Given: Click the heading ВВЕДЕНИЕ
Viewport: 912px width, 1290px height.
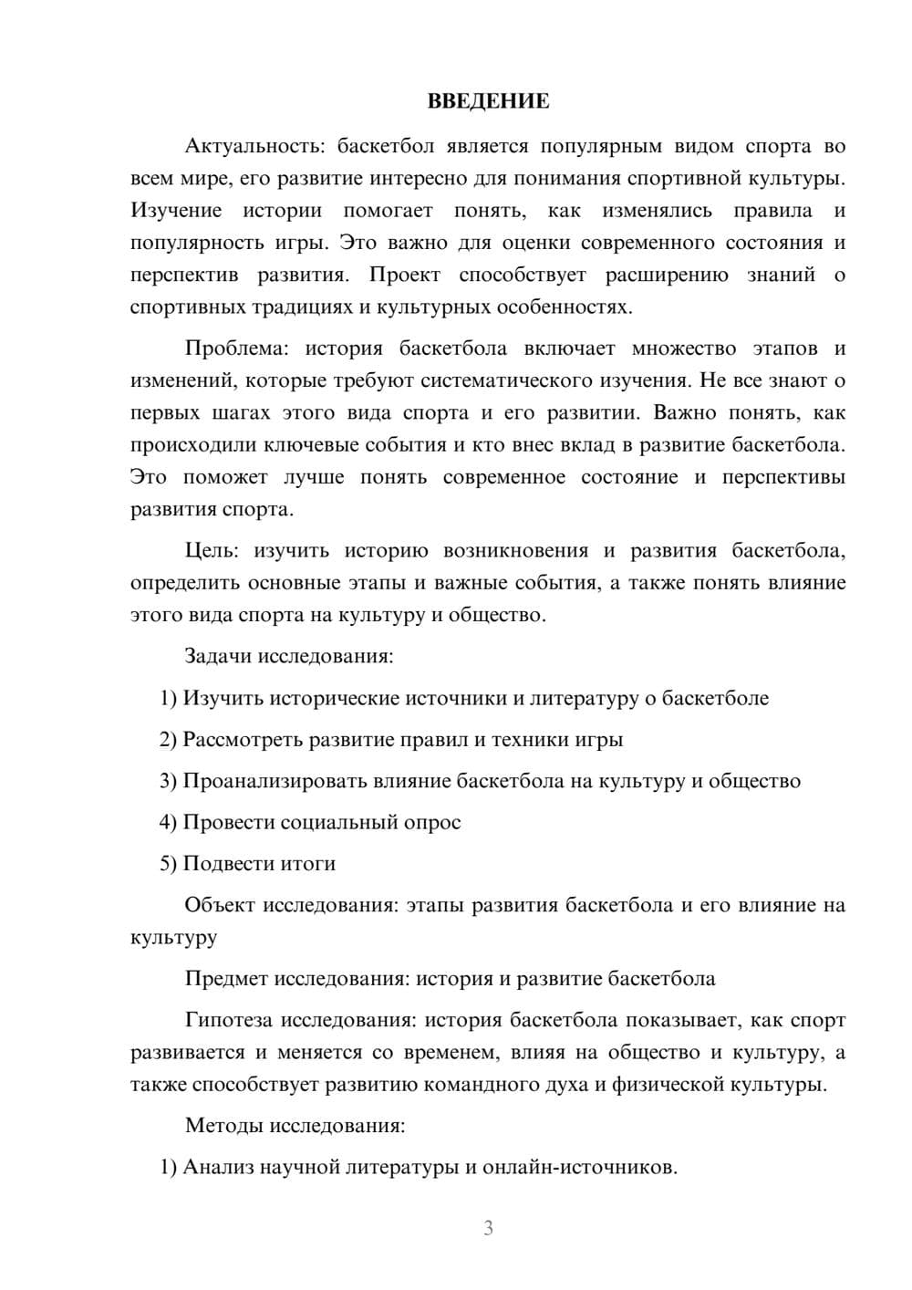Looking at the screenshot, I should coord(488,101).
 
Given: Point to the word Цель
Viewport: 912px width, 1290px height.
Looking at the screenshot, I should coord(212,551).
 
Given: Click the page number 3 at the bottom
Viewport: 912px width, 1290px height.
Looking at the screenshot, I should coord(488,1228).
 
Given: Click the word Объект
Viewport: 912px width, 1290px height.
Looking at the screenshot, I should coord(220,905).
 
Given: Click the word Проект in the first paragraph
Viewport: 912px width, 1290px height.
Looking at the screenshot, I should coord(405,275).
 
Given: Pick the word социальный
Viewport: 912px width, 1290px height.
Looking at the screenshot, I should coord(339,822).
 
